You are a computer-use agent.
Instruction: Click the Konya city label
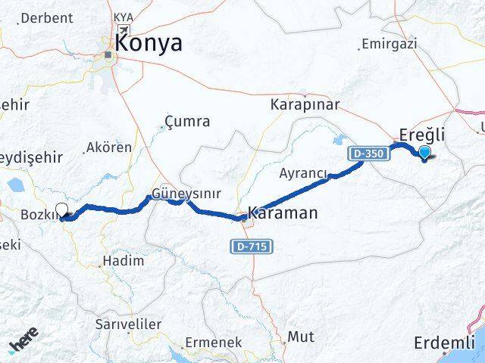pyautogui.click(x=149, y=43)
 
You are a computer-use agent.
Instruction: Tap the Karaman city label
pyautogui.click(x=283, y=213)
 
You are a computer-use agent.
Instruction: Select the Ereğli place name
pyautogui.click(x=422, y=135)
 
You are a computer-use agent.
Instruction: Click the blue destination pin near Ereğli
pyautogui.click(x=424, y=154)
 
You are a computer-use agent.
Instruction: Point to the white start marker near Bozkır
pyautogui.click(x=62, y=211)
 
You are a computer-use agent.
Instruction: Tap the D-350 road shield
pyautogui.click(x=369, y=154)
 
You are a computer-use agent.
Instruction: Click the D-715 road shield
pyautogui.click(x=252, y=247)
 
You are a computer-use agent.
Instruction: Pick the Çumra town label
pyautogui.click(x=187, y=121)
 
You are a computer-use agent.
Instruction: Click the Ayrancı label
pyautogui.click(x=303, y=174)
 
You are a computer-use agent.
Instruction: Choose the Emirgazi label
pyautogui.click(x=390, y=44)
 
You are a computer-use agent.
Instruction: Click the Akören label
pyautogui.click(x=109, y=147)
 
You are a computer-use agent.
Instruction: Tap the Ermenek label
pyautogui.click(x=214, y=343)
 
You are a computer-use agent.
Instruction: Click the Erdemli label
pyautogui.click(x=444, y=343)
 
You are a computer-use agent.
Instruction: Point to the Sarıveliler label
pyautogui.click(x=128, y=324)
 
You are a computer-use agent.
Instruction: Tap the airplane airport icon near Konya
pyautogui.click(x=121, y=29)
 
